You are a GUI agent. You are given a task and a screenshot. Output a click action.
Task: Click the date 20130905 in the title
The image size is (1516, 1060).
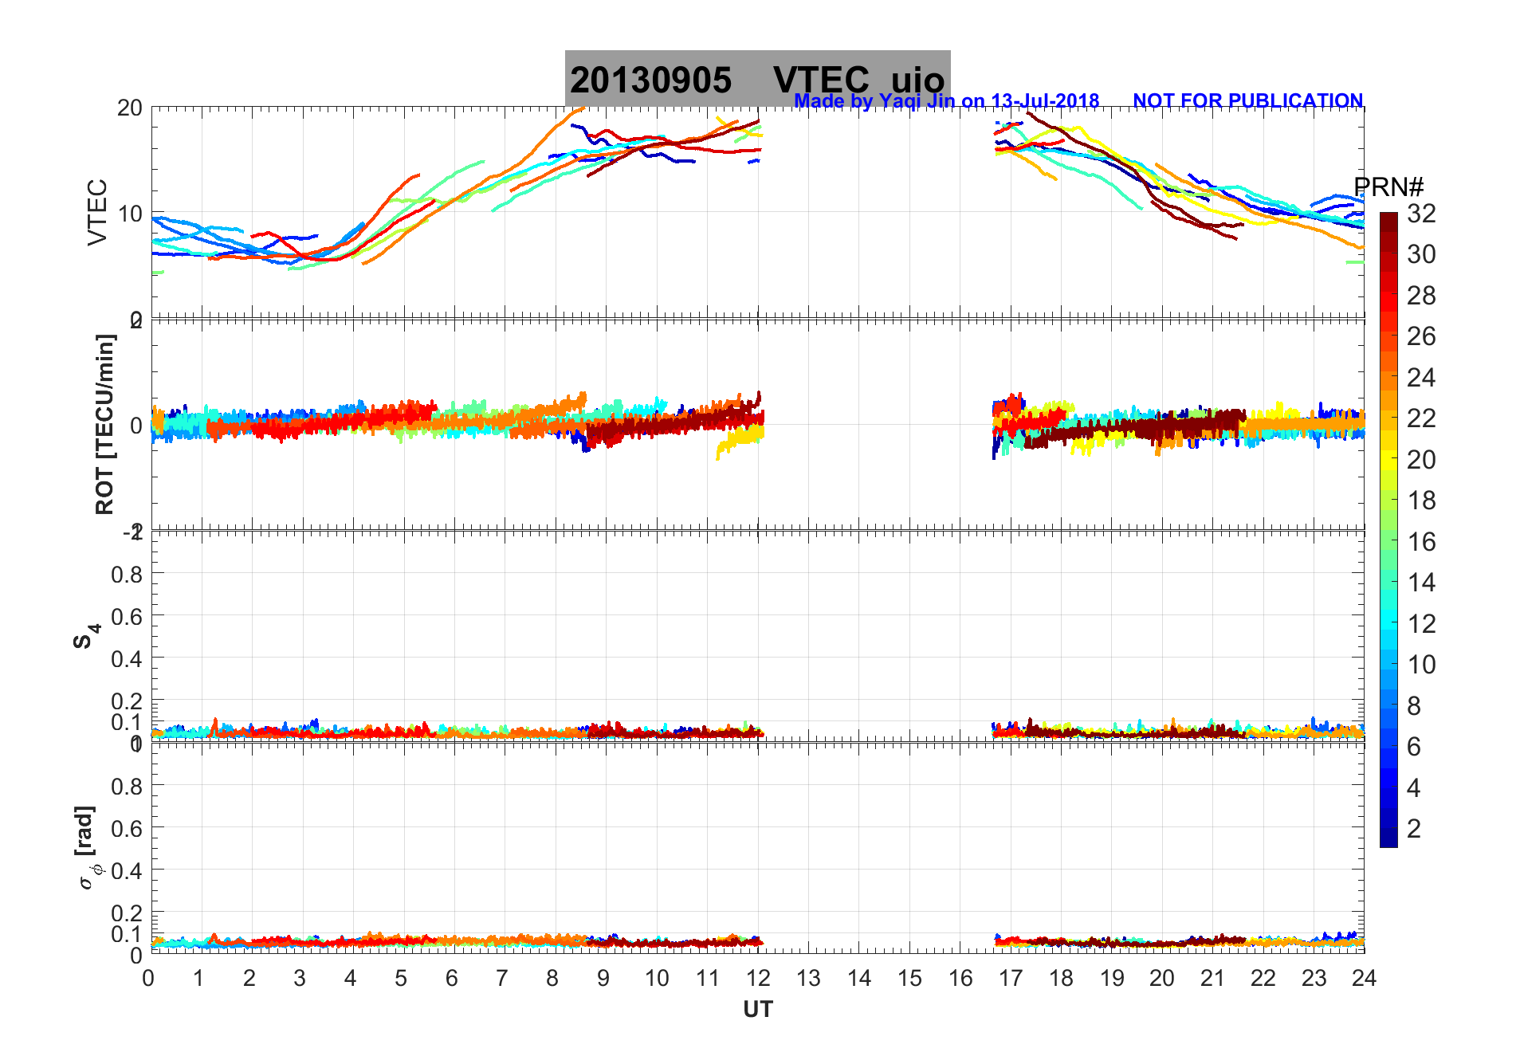pos(650,80)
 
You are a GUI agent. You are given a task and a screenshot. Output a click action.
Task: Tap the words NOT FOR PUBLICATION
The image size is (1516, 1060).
pos(1247,101)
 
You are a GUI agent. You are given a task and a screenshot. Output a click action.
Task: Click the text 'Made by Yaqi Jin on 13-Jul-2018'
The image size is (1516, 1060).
pos(946,101)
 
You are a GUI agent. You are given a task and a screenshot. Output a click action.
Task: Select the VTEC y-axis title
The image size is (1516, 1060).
pos(96,212)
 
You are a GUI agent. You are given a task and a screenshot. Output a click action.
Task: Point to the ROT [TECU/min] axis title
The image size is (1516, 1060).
pos(104,424)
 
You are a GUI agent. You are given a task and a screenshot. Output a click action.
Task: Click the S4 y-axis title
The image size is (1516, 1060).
pos(86,636)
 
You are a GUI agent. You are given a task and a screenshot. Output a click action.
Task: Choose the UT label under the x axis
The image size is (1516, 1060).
pos(757,1010)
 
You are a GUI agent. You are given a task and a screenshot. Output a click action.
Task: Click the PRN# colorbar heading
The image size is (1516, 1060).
pos(1388,187)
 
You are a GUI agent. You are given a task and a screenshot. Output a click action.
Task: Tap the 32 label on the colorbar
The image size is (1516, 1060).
pos(1421,214)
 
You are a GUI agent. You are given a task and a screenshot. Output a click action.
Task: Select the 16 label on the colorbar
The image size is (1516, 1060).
pos(1421,542)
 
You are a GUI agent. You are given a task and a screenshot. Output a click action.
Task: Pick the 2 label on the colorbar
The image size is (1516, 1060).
pos(1414,829)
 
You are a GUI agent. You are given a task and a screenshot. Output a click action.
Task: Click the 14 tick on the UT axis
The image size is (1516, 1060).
pos(859,979)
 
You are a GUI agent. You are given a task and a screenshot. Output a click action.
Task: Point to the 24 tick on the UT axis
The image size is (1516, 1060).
pos(1364,979)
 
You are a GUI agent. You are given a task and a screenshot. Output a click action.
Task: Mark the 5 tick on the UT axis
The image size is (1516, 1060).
pos(401,979)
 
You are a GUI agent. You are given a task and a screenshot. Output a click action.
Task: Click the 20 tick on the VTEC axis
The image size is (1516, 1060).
pos(130,108)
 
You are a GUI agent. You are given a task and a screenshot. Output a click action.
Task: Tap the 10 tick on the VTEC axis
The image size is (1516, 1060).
pos(130,214)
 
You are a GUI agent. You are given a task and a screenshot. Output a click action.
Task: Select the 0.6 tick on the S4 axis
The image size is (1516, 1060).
pos(127,616)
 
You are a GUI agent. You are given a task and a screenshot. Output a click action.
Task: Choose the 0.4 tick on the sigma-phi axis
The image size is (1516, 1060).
pos(127,870)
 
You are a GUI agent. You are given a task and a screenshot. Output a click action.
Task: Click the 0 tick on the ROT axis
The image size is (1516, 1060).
pos(136,426)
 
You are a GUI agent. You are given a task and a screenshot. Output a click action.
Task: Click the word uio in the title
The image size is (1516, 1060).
pos(917,80)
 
